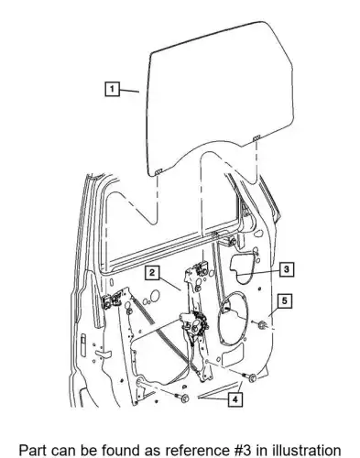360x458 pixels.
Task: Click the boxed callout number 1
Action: pyautogui.click(x=112, y=89)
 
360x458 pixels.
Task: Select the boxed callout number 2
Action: pyautogui.click(x=152, y=272)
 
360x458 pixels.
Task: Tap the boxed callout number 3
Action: pyautogui.click(x=286, y=269)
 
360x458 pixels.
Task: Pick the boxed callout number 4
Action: pyautogui.click(x=235, y=399)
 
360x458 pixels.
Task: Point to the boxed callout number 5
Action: pyautogui.click(x=285, y=301)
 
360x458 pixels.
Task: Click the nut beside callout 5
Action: pyautogui.click(x=262, y=325)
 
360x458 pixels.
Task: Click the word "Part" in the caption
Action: pyautogui.click(x=32, y=450)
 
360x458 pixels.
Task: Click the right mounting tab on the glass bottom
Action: pyautogui.click(x=256, y=137)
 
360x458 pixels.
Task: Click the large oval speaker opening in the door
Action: pyautogui.click(x=234, y=318)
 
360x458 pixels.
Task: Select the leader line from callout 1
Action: pyautogui.click(x=129, y=91)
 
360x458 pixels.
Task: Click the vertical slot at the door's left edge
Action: pyautogui.click(x=83, y=345)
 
